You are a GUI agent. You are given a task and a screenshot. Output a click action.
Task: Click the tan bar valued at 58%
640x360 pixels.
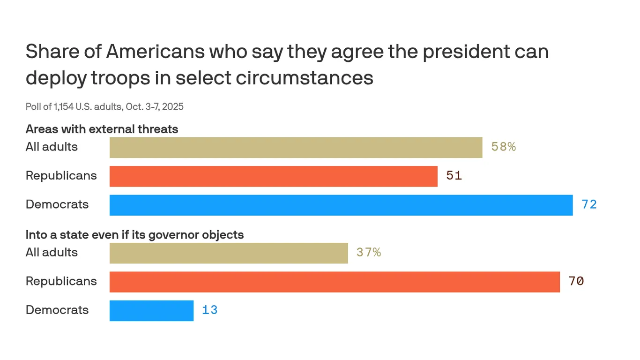click(296, 147)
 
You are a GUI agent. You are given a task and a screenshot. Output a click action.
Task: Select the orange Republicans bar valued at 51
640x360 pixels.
click(273, 176)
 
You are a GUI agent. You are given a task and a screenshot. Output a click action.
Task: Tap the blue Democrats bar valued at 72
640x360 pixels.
click(341, 205)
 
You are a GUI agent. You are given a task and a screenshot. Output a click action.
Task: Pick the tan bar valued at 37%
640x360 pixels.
click(229, 253)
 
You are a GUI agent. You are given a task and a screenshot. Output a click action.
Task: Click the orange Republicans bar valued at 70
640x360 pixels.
click(335, 282)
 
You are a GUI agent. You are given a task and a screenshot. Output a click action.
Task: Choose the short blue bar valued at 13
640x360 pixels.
click(151, 310)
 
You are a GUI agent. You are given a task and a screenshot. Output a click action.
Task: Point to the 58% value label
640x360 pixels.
click(503, 147)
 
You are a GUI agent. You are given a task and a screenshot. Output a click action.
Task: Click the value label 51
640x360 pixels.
click(454, 176)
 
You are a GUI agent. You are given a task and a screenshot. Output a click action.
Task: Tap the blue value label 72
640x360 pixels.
click(589, 205)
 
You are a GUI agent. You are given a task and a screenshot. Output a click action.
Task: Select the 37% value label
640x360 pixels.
click(368, 253)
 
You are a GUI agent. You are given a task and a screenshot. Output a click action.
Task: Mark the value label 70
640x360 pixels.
click(576, 282)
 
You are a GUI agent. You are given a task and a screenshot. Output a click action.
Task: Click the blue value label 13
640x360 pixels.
click(209, 310)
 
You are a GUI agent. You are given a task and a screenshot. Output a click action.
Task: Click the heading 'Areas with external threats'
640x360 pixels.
click(102, 129)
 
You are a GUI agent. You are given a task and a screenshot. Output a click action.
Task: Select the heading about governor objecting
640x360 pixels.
click(134, 234)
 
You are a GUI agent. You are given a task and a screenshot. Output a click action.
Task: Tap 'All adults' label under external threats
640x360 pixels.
click(52, 147)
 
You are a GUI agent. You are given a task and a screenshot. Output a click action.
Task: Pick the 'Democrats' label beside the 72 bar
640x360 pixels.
click(57, 205)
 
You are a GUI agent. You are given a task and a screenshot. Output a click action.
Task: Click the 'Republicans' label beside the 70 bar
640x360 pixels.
click(61, 282)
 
